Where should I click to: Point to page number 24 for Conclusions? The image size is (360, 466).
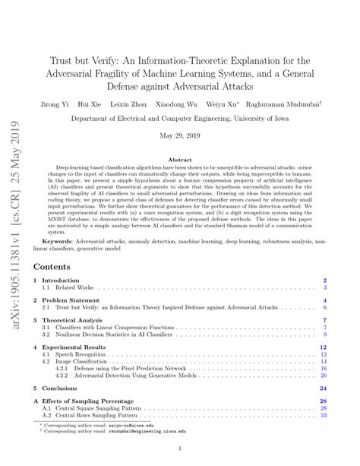click(x=323, y=387)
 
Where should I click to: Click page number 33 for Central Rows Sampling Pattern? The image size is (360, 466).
click(x=323, y=415)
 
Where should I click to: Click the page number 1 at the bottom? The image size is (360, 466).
click(x=181, y=449)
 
